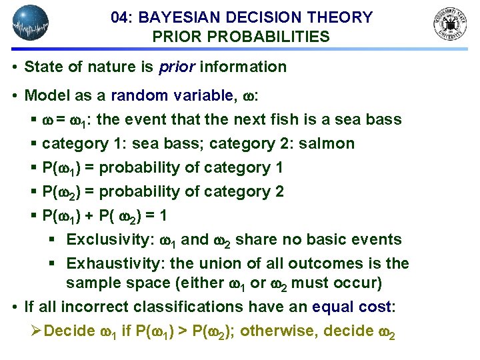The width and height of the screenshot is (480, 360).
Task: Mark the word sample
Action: (x=91, y=283)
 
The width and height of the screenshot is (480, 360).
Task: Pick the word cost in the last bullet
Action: (x=377, y=307)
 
